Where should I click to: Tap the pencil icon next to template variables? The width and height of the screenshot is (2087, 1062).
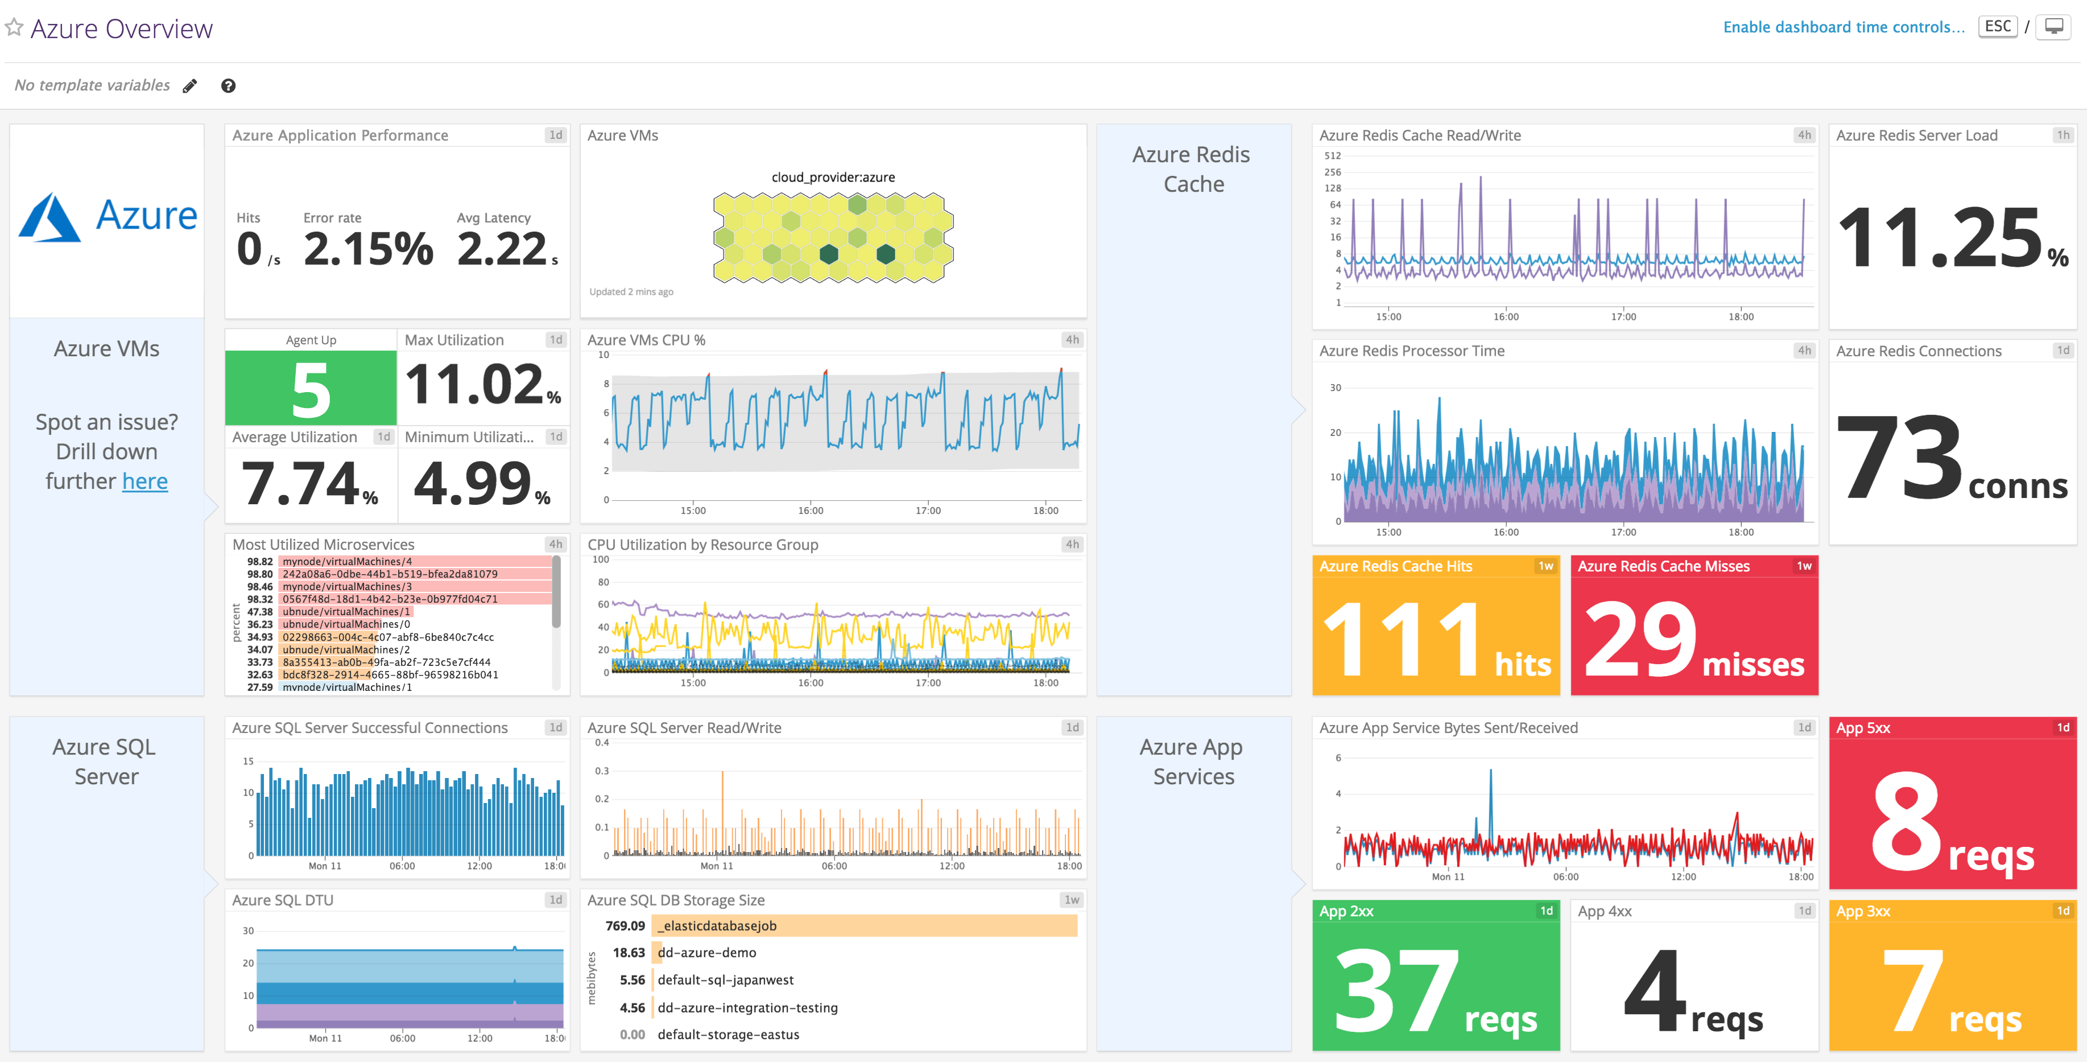(189, 86)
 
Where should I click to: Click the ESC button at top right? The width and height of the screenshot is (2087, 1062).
(1997, 27)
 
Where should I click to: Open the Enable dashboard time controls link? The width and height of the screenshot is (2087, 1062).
(1843, 27)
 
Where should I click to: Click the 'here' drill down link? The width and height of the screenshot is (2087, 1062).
(145, 481)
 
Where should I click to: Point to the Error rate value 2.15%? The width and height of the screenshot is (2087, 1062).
(369, 248)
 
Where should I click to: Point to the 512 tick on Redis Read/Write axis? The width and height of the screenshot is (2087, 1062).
(1332, 155)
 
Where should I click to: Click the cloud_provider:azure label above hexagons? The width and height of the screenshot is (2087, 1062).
(833, 178)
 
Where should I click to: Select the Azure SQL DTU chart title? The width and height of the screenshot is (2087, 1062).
(282, 900)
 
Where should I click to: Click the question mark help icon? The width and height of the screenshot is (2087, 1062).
(229, 86)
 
